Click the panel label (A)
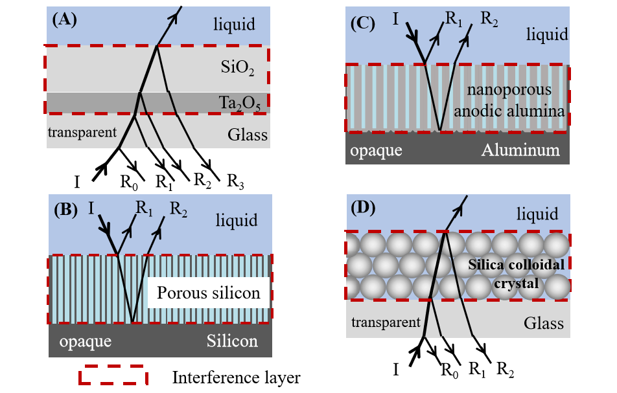click(x=65, y=19)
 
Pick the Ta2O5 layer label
click(x=237, y=104)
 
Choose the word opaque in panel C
click(x=376, y=150)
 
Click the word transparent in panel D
click(x=384, y=322)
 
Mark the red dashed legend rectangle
click(x=111, y=375)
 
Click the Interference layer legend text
click(x=237, y=376)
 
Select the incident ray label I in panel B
click(x=92, y=209)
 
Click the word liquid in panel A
click(x=235, y=25)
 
